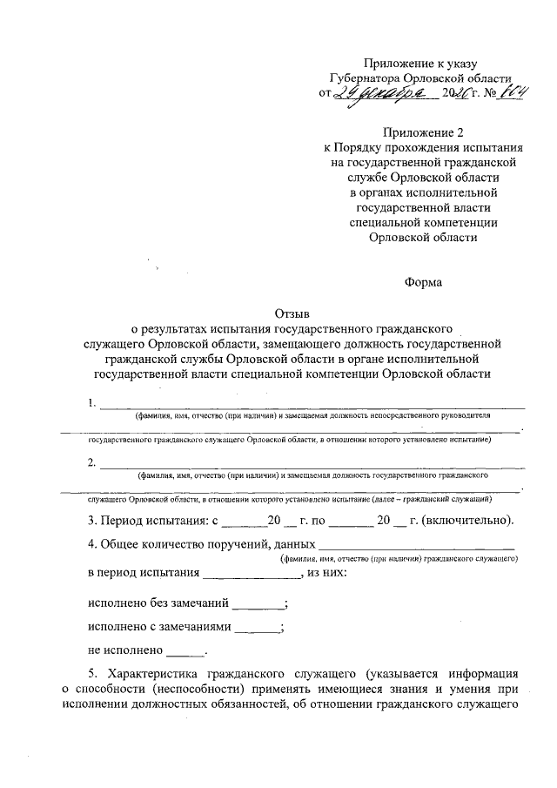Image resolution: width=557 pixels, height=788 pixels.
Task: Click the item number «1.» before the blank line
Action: tap(93, 403)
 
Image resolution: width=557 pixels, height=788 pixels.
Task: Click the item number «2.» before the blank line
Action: tap(93, 463)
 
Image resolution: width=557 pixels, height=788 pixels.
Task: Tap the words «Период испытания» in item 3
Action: tap(151, 522)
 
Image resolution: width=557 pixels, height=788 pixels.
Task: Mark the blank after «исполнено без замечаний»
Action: tap(258, 603)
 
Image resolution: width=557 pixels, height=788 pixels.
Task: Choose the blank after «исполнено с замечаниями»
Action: tap(258, 627)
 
